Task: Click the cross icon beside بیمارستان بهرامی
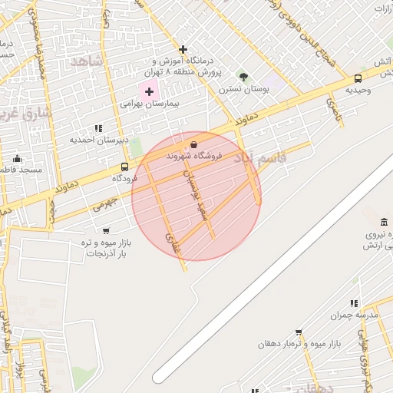149,91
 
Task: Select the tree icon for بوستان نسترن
243,77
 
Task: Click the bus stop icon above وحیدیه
358,78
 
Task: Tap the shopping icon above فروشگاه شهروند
193,144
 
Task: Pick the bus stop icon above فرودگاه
124,167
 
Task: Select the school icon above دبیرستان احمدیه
98,128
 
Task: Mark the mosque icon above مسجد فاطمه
17,158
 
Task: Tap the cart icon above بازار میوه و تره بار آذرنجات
105,230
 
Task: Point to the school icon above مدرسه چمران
354,303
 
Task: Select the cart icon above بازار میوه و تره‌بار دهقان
299,332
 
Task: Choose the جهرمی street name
107,203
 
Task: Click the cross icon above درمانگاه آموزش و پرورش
183,49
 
